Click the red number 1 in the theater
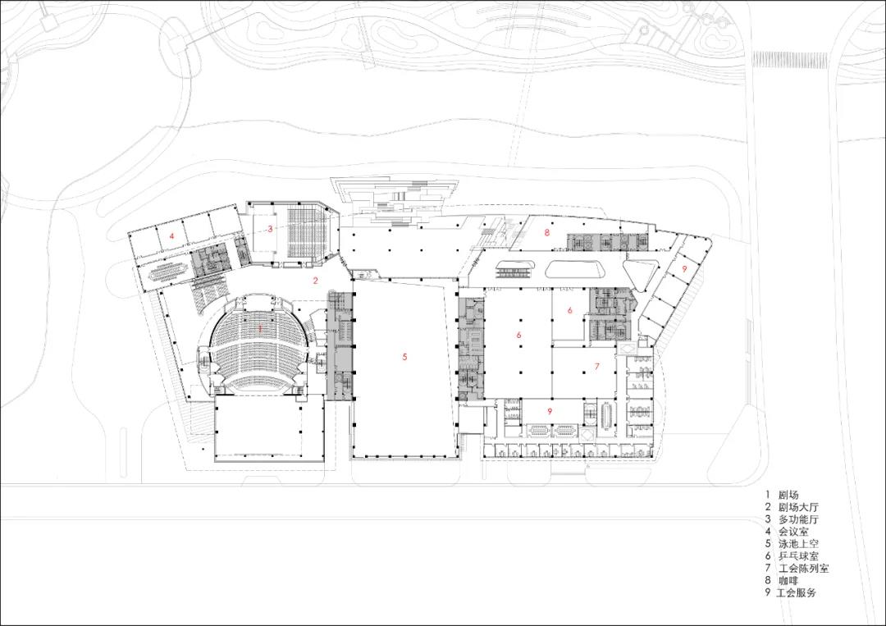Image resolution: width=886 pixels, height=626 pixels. pyautogui.click(x=260, y=328)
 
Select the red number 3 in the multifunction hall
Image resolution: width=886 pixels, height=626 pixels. pyautogui.click(x=270, y=229)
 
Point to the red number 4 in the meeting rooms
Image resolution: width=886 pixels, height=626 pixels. pyautogui.click(x=171, y=235)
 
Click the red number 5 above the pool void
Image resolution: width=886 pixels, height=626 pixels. pyautogui.click(x=404, y=357)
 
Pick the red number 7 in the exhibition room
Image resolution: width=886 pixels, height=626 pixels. pyautogui.click(x=596, y=367)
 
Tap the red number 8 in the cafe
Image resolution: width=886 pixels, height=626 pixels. pyautogui.click(x=547, y=231)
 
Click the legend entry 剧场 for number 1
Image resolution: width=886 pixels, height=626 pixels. pyautogui.click(x=788, y=495)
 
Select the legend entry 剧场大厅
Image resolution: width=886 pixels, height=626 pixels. pyautogui.click(x=798, y=507)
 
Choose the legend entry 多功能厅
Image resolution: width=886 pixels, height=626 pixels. pyautogui.click(x=798, y=519)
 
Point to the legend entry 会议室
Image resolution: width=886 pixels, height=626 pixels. pyautogui.click(x=793, y=532)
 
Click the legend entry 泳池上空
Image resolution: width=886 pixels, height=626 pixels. pyautogui.click(x=798, y=544)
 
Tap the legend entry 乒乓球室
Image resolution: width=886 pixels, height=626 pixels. pyautogui.click(x=798, y=556)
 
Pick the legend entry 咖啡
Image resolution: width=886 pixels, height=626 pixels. pyautogui.click(x=788, y=581)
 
